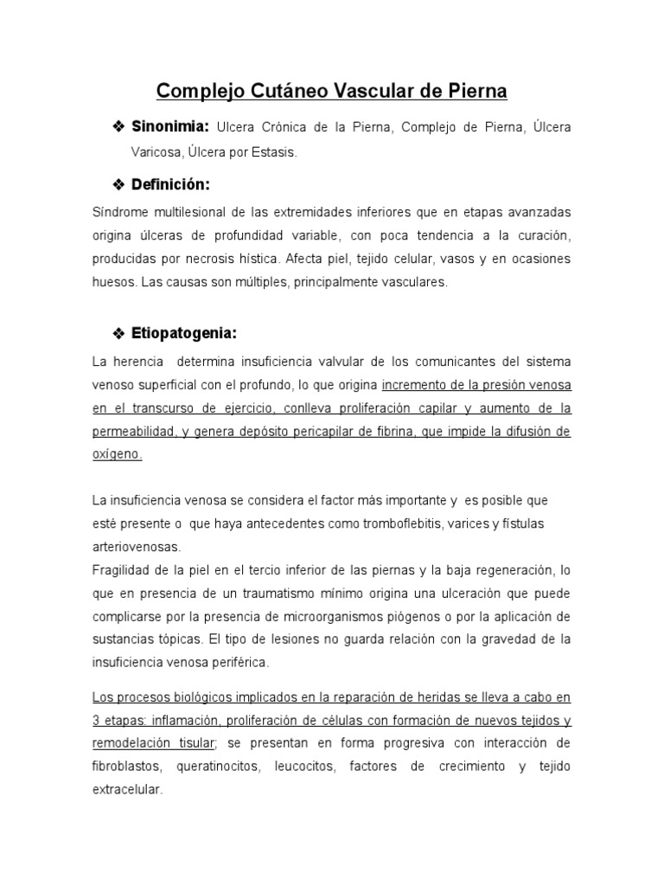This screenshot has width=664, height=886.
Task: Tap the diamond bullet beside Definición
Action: coord(120,184)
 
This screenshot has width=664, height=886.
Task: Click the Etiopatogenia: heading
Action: coord(184,333)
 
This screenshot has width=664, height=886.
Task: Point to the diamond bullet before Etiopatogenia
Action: coord(120,333)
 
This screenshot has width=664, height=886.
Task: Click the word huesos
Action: coord(111,282)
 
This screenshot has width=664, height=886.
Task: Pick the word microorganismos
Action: coord(330,617)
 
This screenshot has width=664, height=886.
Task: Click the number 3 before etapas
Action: coord(94,720)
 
